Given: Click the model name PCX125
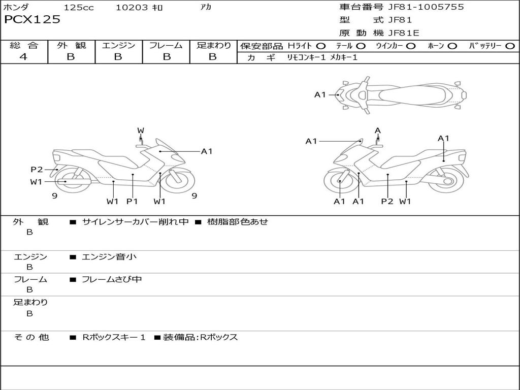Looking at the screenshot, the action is pos(32,20).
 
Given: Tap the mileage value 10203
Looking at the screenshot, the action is pos(132,8).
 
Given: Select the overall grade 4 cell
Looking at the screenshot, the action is pos(23,57).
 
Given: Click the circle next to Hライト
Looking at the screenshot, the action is pos(321,46).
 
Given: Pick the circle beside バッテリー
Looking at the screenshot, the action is pos(510,46).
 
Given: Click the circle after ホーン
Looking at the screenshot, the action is pos(452,46).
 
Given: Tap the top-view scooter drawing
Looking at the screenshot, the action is pos(402,94).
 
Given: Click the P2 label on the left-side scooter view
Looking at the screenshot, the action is pos(37,170).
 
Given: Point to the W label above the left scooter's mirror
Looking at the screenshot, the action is pos(141,131).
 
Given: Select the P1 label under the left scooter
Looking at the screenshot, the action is pos(132,201).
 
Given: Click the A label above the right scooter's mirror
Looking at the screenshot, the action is pos(378,131).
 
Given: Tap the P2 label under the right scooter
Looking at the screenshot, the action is pos(387,201).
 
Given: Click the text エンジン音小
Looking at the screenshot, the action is pos(109,257).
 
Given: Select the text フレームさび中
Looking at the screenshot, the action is pos(112,279).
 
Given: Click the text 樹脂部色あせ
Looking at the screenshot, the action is pos(237,222).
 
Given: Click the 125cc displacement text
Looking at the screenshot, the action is pos(79,8).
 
